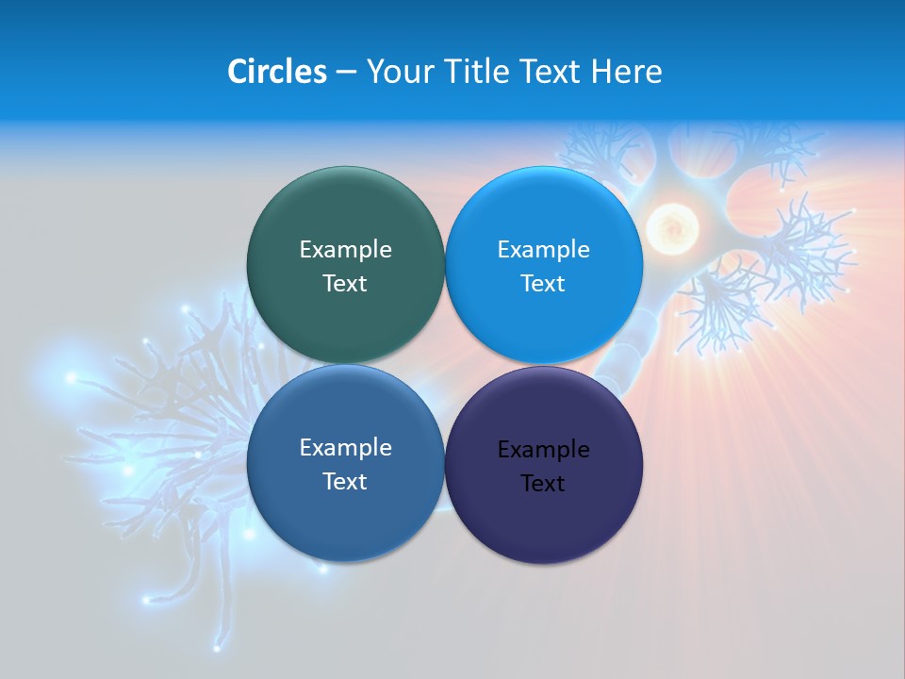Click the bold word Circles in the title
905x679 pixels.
point(276,72)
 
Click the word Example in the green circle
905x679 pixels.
point(345,249)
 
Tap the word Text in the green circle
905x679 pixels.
point(345,283)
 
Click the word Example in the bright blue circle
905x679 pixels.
point(543,249)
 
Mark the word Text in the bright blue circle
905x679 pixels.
point(543,283)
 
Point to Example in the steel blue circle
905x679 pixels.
point(345,447)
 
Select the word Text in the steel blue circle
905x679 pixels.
point(345,481)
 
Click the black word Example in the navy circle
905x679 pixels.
point(543,449)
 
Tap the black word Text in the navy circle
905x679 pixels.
point(543,483)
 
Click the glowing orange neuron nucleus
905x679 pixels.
point(671,226)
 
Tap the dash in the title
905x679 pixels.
point(346,73)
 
